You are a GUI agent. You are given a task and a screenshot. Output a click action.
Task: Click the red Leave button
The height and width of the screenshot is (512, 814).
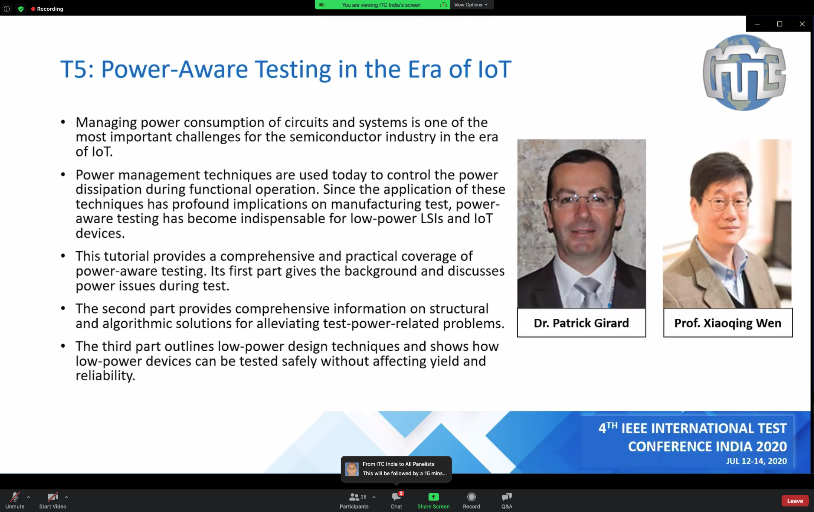pyautogui.click(x=795, y=501)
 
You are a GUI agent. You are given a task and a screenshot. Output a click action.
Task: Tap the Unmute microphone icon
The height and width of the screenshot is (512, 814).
pyautogui.click(x=15, y=497)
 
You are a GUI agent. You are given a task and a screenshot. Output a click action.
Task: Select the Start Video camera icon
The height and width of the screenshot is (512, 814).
pyautogui.click(x=52, y=497)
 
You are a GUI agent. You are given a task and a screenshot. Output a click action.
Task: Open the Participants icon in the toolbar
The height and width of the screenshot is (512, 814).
pyautogui.click(x=354, y=497)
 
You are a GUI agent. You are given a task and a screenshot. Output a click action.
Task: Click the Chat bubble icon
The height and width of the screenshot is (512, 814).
pyautogui.click(x=396, y=497)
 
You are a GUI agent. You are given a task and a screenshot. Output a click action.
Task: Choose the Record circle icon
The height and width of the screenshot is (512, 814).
pyautogui.click(x=471, y=497)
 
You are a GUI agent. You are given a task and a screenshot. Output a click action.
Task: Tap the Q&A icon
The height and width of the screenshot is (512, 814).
pyautogui.click(x=507, y=497)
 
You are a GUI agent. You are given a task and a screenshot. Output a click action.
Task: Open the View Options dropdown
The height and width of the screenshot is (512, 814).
pyautogui.click(x=471, y=5)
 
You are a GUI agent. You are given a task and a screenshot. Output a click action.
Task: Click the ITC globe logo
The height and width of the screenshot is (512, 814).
pyautogui.click(x=744, y=73)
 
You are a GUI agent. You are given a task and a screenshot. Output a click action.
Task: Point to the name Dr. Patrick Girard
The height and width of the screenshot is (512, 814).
pyautogui.click(x=581, y=323)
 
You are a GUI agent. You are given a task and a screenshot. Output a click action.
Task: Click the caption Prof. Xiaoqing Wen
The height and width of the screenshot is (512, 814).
pyautogui.click(x=728, y=323)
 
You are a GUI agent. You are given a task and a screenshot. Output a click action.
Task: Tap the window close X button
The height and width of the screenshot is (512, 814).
pyautogui.click(x=802, y=24)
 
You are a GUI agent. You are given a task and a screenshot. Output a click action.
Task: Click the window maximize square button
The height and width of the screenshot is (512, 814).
pyautogui.click(x=779, y=24)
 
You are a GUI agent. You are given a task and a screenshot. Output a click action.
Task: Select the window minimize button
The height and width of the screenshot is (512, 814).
pyautogui.click(x=757, y=24)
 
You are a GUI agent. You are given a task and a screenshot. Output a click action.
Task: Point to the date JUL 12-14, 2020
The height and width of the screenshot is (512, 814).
pyautogui.click(x=756, y=461)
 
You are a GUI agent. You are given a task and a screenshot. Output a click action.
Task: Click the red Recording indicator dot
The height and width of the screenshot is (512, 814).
pyautogui.click(x=33, y=9)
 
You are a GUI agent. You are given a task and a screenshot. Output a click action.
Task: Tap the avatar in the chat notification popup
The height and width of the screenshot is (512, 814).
pyautogui.click(x=352, y=469)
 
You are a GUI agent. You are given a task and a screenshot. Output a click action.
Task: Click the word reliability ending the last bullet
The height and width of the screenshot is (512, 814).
pyautogui.click(x=105, y=376)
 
